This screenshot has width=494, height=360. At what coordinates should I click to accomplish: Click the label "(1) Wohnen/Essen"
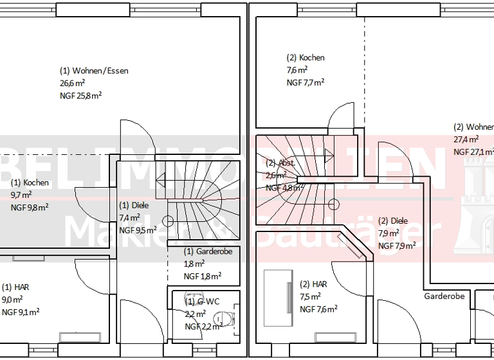[94, 71]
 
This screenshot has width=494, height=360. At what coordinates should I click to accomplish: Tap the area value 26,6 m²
[73, 83]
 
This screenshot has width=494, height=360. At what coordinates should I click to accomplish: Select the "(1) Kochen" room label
[30, 183]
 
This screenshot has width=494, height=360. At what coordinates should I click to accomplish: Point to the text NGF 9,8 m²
[30, 207]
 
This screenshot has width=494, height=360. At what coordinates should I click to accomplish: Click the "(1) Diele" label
[134, 206]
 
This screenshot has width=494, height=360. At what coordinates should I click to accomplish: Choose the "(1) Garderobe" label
[208, 251]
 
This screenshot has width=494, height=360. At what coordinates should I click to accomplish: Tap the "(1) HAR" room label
[15, 287]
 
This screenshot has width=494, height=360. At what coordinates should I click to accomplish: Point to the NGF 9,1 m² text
[21, 312]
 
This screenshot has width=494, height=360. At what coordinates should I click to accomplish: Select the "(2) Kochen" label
[306, 58]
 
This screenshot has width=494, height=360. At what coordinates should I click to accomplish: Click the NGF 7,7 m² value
[306, 82]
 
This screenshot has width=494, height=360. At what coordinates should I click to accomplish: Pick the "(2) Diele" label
[393, 221]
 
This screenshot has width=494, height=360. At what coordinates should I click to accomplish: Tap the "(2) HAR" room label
[314, 284]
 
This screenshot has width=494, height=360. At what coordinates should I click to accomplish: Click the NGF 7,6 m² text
[319, 309]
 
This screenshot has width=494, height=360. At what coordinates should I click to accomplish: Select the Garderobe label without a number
[444, 296]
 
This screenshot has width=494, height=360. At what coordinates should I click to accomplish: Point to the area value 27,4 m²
[466, 139]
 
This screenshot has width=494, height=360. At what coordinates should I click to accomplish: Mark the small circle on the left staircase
[168, 221]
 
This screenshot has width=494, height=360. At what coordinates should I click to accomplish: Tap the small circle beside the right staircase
[333, 204]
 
